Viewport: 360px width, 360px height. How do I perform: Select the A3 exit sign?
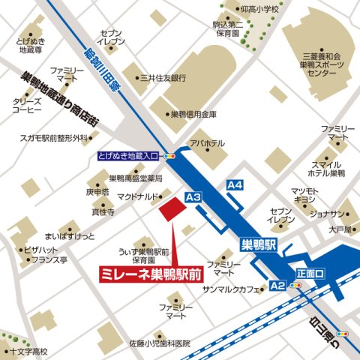[193, 197]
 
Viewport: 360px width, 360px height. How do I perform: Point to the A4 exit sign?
[235, 184]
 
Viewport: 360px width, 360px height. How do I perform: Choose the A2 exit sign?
[277, 286]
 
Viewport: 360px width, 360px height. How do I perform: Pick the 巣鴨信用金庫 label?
[193, 115]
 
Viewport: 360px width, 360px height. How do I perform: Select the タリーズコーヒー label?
[27, 104]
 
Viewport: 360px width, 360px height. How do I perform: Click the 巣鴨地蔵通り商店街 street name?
[59, 93]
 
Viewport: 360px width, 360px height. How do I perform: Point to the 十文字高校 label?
[29, 351]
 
